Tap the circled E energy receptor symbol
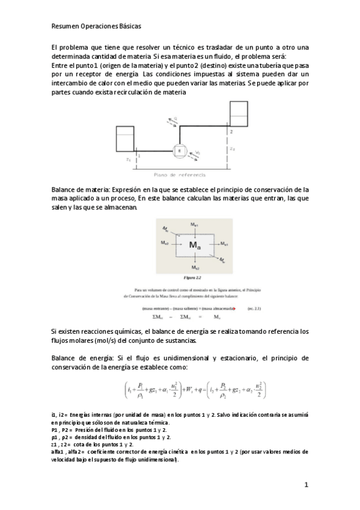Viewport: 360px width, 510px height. coord(178,150)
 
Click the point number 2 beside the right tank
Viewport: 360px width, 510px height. coord(231,131)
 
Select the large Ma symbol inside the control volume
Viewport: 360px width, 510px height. coord(195,245)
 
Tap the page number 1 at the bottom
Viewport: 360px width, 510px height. coord(306,485)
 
